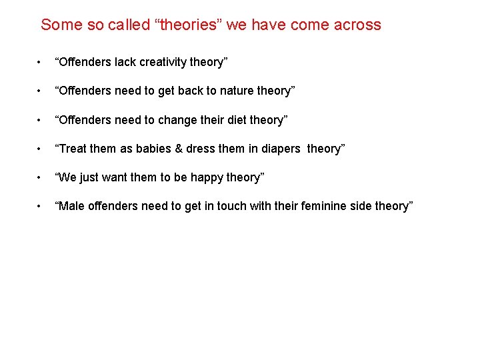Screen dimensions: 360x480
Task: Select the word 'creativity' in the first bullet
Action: coord(160,62)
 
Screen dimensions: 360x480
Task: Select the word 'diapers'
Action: coord(281,149)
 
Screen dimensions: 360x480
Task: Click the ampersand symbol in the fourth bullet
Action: coord(179,149)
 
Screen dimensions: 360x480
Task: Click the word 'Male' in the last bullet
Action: coord(72,206)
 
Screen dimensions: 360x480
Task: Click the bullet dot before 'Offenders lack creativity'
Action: coord(41,63)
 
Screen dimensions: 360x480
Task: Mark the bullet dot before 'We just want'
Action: coord(41,178)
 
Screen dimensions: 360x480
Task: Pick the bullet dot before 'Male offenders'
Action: coord(41,207)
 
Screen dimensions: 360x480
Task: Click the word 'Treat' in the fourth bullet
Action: coord(73,149)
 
